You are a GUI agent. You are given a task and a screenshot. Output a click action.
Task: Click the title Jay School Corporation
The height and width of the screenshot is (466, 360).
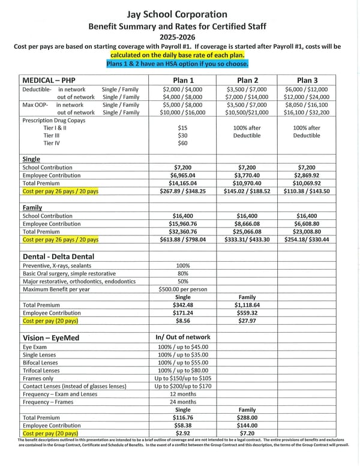point(180,14)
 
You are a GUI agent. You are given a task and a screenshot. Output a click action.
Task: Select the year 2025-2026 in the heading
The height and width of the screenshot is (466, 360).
point(180,36)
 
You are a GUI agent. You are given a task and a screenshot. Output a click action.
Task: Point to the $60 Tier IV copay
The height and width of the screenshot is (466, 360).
point(183,144)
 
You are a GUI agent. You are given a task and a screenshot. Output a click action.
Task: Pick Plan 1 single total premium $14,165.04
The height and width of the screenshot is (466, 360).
point(183,183)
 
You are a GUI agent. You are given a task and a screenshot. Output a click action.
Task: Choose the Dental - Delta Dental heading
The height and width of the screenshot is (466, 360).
point(59,256)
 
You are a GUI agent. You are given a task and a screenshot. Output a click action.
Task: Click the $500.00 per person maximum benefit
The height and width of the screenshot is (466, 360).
point(183,289)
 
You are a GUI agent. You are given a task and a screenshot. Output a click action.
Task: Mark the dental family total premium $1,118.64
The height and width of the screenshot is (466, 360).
point(247,304)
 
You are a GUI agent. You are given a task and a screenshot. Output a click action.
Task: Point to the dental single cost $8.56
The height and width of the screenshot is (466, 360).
point(183,321)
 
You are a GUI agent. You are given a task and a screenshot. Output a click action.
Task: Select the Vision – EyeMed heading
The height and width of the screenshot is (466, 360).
point(52,338)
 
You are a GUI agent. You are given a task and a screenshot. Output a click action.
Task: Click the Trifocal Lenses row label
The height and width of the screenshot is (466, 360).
point(41,371)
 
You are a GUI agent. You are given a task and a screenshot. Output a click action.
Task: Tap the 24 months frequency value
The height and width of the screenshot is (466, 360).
point(183,402)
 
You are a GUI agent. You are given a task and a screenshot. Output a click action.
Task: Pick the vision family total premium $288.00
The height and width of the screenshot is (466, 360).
point(247,417)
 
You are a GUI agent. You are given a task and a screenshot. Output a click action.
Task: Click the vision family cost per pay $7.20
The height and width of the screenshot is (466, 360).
point(247,432)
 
